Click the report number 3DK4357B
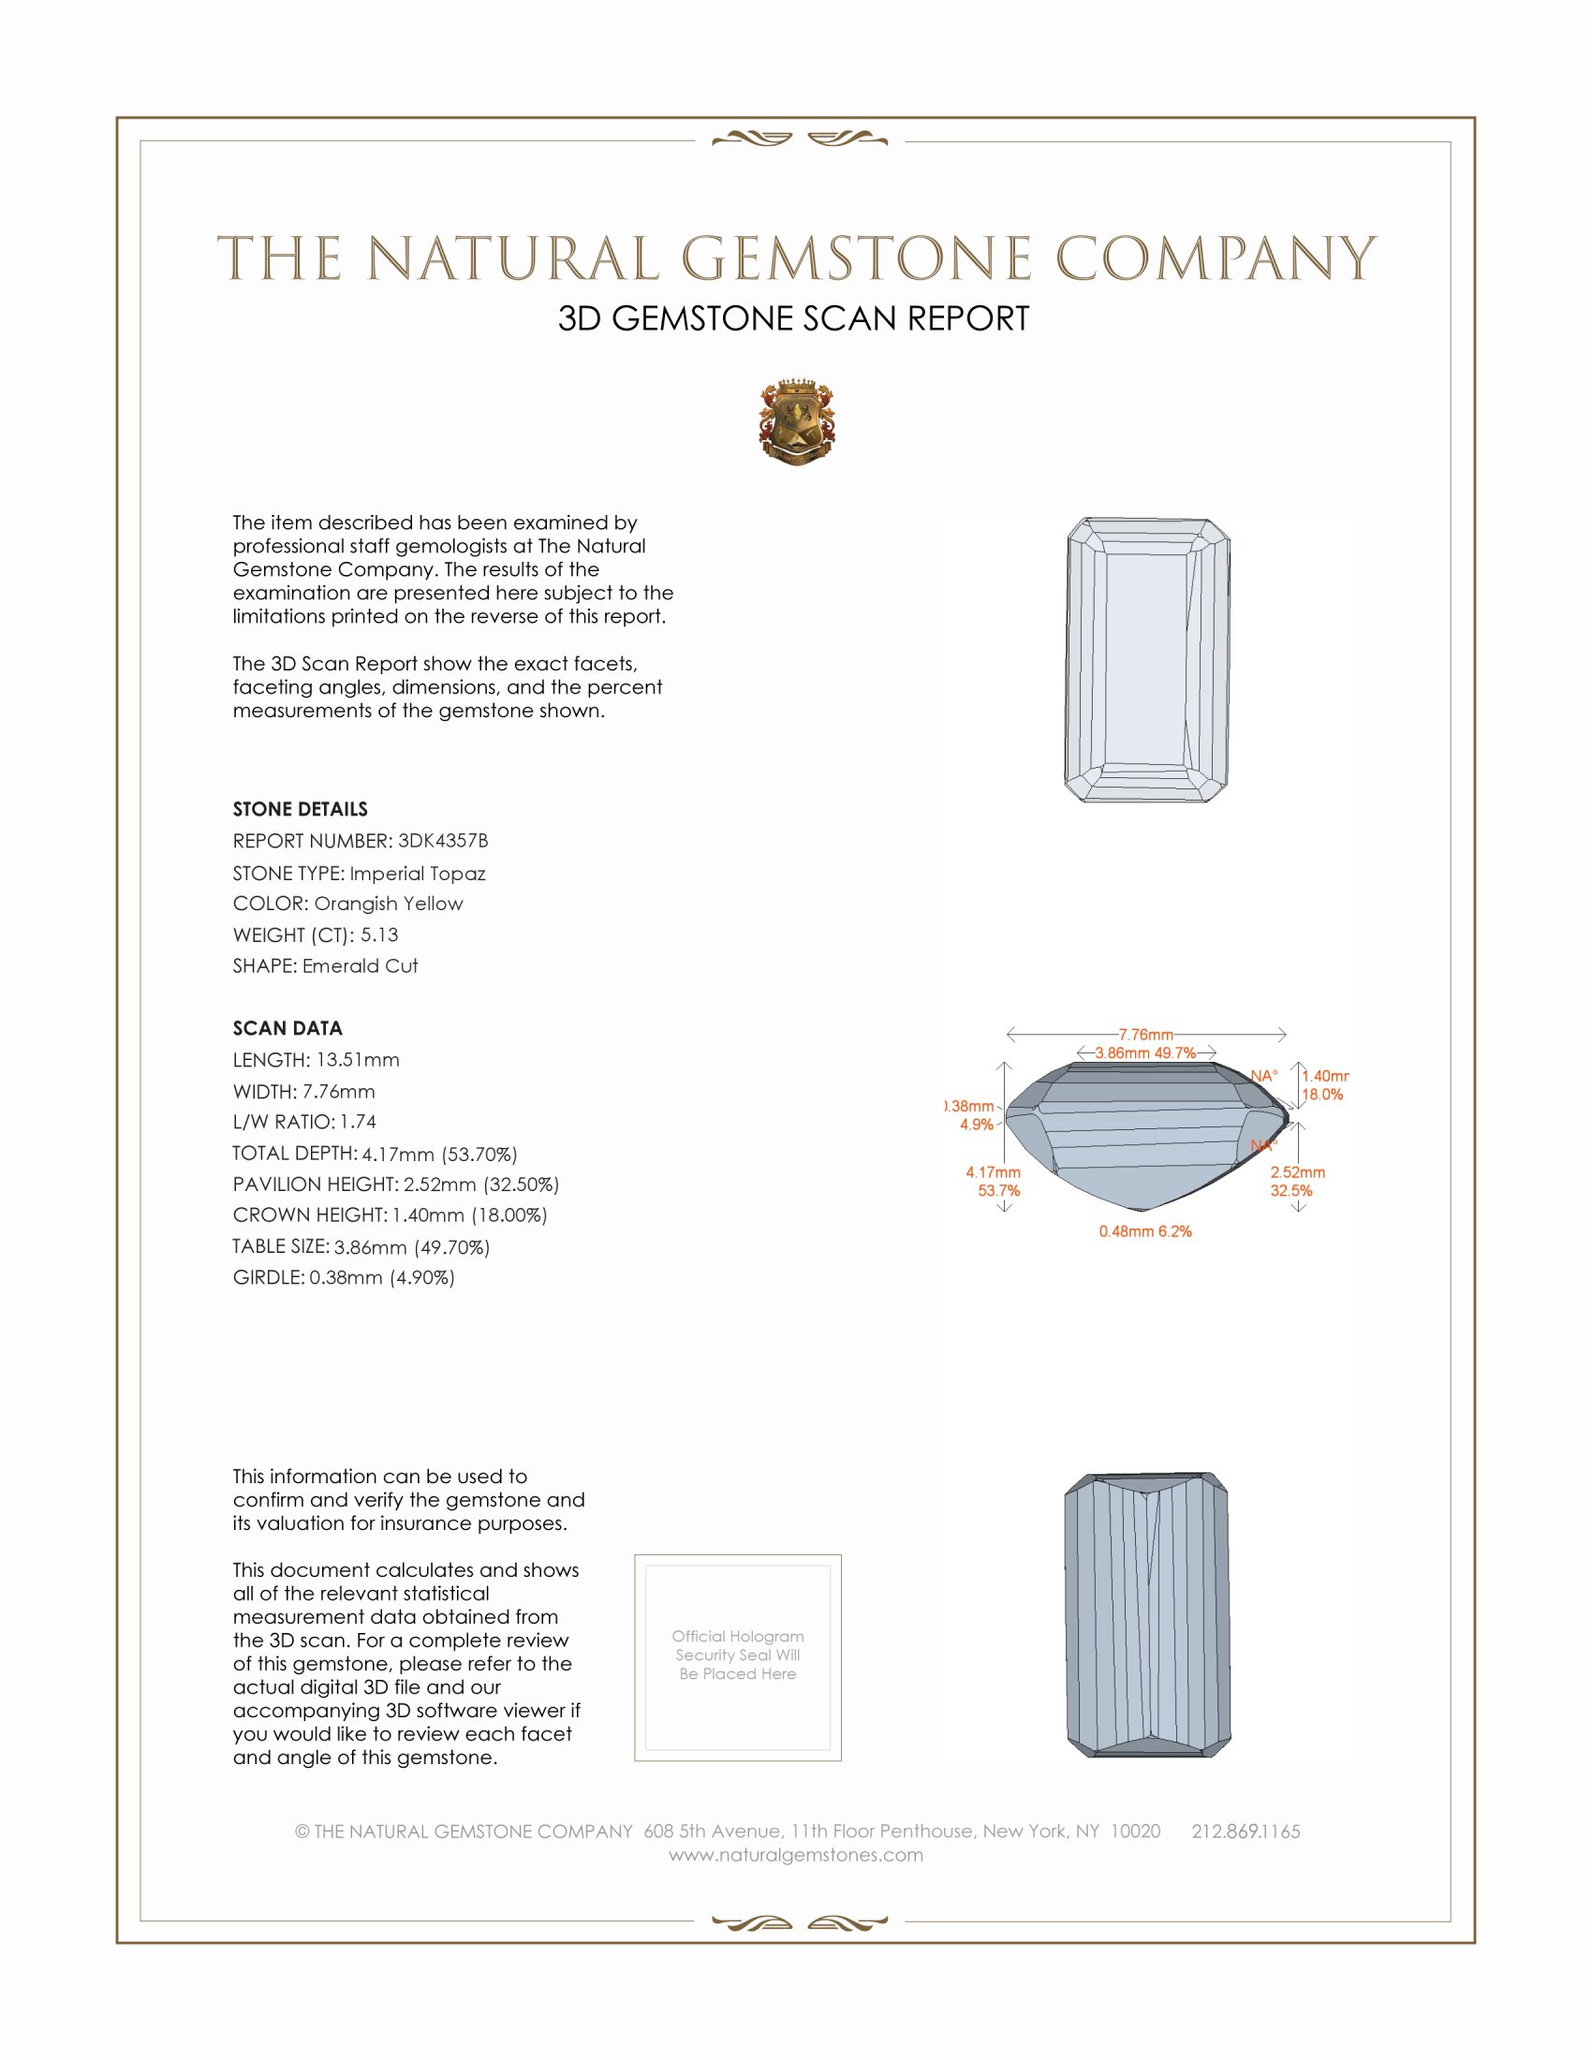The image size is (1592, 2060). (x=442, y=841)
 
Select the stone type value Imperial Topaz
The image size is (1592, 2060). (x=417, y=874)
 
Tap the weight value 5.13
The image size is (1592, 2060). (x=379, y=934)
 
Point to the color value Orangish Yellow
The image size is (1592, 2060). (x=388, y=904)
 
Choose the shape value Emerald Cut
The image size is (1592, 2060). (x=360, y=966)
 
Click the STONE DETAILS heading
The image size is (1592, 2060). (x=300, y=809)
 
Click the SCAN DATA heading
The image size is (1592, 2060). (x=287, y=1028)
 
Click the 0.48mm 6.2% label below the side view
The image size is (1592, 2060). (x=1145, y=1231)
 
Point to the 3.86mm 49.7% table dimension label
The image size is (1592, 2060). (x=1145, y=1052)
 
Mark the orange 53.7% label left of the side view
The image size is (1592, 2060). (x=998, y=1190)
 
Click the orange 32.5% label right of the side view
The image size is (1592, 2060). (x=1290, y=1190)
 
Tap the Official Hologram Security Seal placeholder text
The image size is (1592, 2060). (x=738, y=1655)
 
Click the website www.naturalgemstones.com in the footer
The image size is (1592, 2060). (x=796, y=1854)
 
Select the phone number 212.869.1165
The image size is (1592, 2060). (x=1245, y=1831)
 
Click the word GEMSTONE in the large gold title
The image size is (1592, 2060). (x=856, y=258)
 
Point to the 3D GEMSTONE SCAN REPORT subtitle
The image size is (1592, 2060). (x=793, y=318)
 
